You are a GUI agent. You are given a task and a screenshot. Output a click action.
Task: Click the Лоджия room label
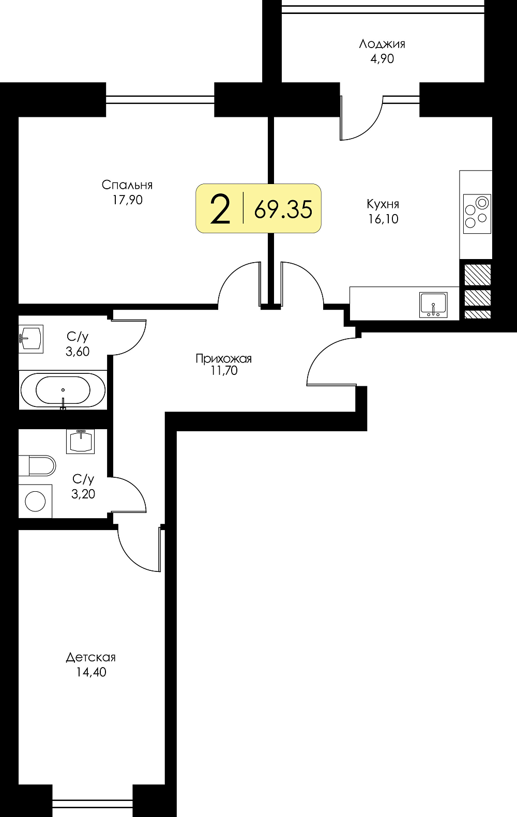tap(382, 44)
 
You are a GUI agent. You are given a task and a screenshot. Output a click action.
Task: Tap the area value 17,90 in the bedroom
tap(127, 200)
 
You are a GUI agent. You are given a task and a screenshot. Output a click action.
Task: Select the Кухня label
tap(383, 204)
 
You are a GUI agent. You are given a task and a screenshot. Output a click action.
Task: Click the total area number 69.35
tap(283, 210)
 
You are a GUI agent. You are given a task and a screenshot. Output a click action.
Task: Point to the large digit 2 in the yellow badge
tap(220, 208)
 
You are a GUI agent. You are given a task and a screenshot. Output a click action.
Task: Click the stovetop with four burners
tap(477, 214)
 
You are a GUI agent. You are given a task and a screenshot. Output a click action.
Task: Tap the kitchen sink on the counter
tap(433, 305)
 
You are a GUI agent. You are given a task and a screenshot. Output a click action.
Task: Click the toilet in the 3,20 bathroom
tap(37, 466)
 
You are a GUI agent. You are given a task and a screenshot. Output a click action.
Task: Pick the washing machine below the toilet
tap(35, 501)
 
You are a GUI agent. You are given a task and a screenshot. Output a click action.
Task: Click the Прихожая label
tap(223, 358)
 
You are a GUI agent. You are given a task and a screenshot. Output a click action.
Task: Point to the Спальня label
tap(127, 185)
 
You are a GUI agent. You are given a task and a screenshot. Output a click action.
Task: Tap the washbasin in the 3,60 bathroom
tap(31, 339)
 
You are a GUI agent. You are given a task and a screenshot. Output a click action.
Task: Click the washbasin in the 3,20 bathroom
tap(81, 441)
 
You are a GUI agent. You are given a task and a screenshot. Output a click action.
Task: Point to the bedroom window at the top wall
tap(160, 100)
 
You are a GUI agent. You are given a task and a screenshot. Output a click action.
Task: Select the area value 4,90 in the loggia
tap(382, 59)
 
